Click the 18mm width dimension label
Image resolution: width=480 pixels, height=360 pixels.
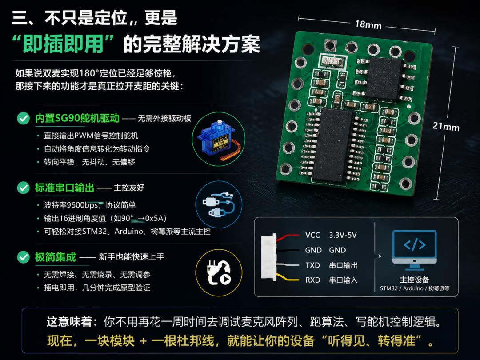pyautogui.click(x=368, y=24)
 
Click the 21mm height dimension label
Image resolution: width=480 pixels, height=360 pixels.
pyautogui.click(x=446, y=126)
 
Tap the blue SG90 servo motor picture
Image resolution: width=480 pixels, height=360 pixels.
pyautogui.click(x=218, y=139)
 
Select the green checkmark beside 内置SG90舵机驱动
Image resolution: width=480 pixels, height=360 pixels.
pyautogui.click(x=23, y=118)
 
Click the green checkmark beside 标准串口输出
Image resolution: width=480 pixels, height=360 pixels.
pyautogui.click(x=23, y=188)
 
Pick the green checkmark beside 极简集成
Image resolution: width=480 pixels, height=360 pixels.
pyautogui.click(x=23, y=257)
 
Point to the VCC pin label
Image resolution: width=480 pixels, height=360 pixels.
pyautogui.click(x=312, y=235)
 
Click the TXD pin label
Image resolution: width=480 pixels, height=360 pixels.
pyautogui.click(x=312, y=265)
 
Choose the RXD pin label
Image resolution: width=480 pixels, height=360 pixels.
pyautogui.click(x=312, y=280)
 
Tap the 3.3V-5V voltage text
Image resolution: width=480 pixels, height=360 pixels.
pyautogui.click(x=343, y=235)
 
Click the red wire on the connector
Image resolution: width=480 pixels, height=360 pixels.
pyautogui.click(x=288, y=236)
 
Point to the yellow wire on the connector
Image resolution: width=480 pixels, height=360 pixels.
pyautogui.click(x=287, y=277)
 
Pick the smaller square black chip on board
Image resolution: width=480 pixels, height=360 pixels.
pyautogui.click(x=384, y=78)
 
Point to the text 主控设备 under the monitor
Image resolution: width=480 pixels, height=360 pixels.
pyautogui.click(x=415, y=280)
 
